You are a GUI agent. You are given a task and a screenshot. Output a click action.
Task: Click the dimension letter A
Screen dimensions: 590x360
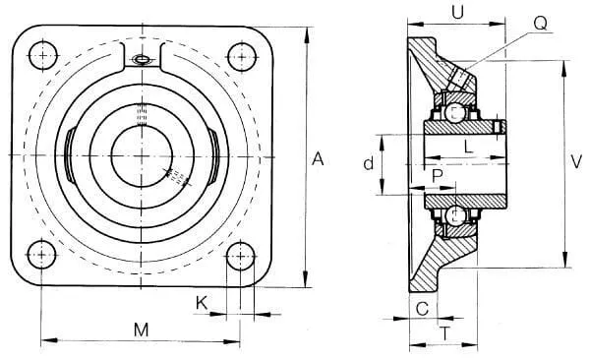click(x=318, y=159)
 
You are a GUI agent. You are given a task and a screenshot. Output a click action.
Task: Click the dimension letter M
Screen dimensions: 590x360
click(x=142, y=330)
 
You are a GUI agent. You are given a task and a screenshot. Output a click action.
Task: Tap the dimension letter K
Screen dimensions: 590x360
click(x=202, y=303)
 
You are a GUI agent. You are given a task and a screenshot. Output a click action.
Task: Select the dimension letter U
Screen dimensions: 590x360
click(x=457, y=13)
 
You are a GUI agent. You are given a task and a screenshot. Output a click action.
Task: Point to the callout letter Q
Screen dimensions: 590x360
click(x=540, y=24)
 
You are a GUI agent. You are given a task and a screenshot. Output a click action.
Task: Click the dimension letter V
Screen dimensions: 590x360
click(x=576, y=161)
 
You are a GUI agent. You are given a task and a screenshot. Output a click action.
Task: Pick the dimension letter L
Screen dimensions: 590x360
click(x=468, y=147)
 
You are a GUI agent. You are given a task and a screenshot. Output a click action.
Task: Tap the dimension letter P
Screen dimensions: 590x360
click(x=438, y=176)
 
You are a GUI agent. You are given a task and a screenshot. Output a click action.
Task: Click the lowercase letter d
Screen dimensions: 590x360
click(x=369, y=163)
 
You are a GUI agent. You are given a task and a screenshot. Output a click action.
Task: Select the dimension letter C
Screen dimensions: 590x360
click(x=422, y=309)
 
